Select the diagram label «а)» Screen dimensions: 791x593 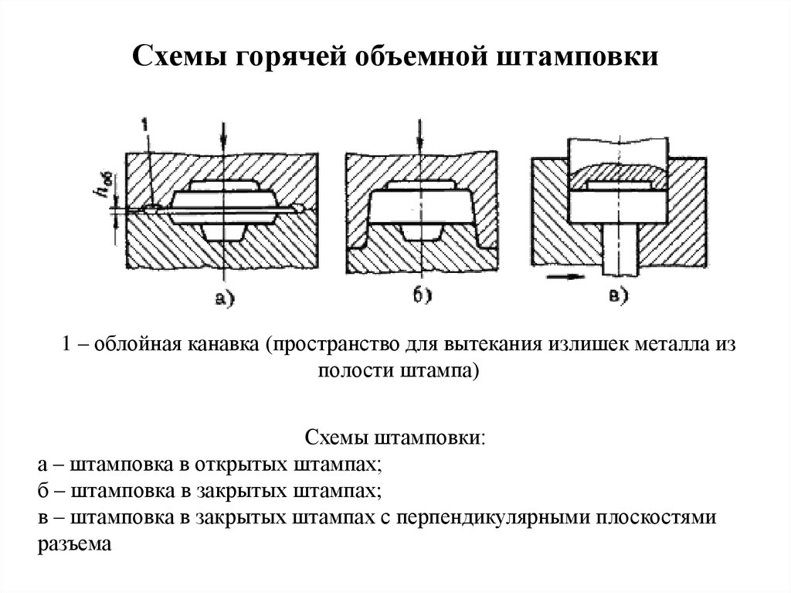(x=225, y=299)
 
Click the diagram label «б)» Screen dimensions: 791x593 (x=423, y=295)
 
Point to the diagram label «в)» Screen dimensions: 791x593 (x=618, y=295)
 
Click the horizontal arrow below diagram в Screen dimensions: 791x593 (x=565, y=276)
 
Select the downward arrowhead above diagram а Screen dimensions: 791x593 (x=223, y=145)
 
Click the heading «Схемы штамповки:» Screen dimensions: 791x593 (x=395, y=438)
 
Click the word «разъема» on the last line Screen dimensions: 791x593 (x=74, y=545)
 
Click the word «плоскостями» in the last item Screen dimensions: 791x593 (x=656, y=518)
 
